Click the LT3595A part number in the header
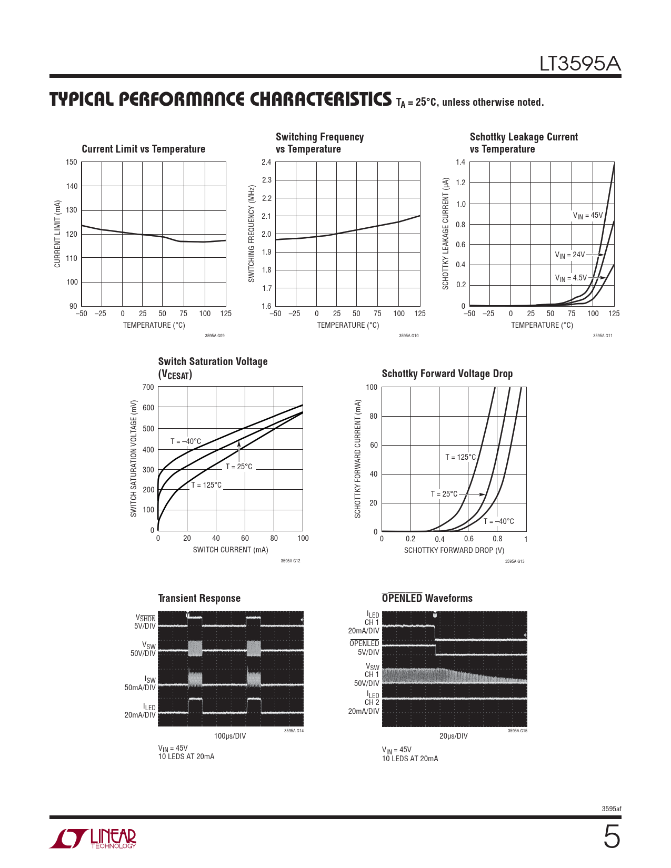pyautogui.click(x=580, y=64)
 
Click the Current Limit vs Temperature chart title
pyautogui.click(x=143, y=149)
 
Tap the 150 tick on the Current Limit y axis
pyautogui.click(x=72, y=162)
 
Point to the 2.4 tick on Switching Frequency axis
pyautogui.click(x=266, y=162)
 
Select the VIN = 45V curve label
pyautogui.click(x=587, y=216)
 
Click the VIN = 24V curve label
pyautogui.click(x=569, y=255)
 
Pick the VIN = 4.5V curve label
pyautogui.click(x=570, y=278)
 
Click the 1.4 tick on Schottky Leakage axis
pyautogui.click(x=460, y=162)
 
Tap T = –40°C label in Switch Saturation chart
pyautogui.click(x=185, y=441)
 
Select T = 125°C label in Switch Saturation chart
pyautogui.click(x=206, y=485)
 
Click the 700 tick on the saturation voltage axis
pyautogui.click(x=148, y=387)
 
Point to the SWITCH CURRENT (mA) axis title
pyautogui.click(x=231, y=550)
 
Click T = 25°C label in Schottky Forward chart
pyautogui.click(x=444, y=494)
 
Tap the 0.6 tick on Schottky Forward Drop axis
pyautogui.click(x=468, y=539)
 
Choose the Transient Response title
pyautogui.click(x=199, y=598)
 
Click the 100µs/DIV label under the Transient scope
pyautogui.click(x=230, y=736)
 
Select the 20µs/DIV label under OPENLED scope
pyautogui.click(x=454, y=736)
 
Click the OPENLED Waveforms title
pyautogui.click(x=427, y=598)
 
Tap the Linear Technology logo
pyautogui.click(x=93, y=839)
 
